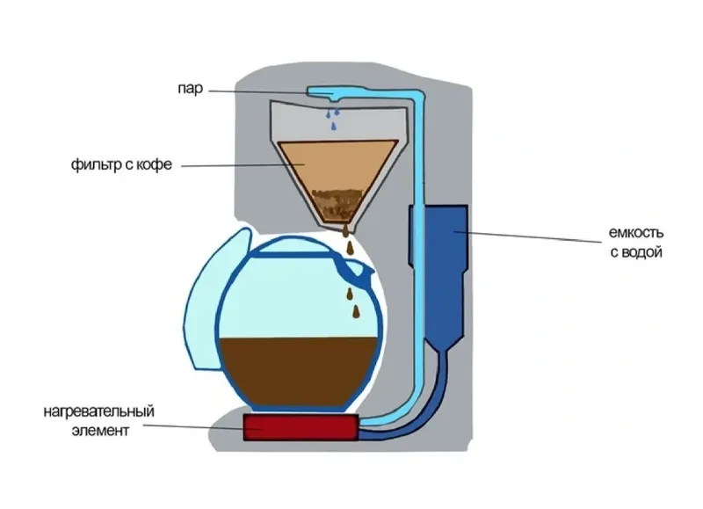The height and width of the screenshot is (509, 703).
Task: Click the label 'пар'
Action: click(190, 90)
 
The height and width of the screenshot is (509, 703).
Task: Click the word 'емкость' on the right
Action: click(635, 233)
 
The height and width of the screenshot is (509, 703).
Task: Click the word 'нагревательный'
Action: click(98, 411)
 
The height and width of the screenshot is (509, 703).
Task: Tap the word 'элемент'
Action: click(100, 431)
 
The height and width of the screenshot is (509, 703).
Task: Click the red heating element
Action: click(301, 427)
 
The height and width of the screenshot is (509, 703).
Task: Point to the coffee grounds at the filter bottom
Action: click(337, 205)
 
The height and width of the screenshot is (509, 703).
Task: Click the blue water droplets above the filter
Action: click(333, 118)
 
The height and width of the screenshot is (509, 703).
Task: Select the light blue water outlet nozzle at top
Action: click(323, 92)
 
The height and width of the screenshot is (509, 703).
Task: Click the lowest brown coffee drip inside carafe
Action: click(357, 312)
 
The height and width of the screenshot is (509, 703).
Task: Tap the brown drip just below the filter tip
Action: click(344, 232)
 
